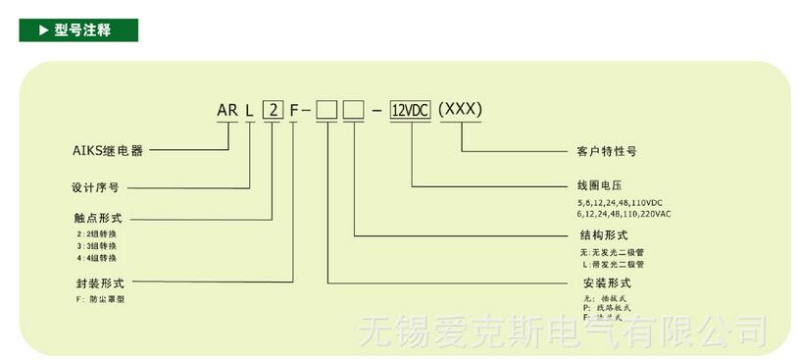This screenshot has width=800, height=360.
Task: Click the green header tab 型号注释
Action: coord(79,29)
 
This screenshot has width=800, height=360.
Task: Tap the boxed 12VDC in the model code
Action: coord(411,110)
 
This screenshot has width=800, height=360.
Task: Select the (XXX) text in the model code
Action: coord(460,109)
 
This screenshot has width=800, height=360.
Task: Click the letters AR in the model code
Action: coord(227,110)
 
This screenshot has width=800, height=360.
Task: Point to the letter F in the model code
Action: coord(293,110)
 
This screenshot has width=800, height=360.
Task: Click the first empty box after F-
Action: coord(327,110)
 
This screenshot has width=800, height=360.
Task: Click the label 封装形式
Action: coord(96,282)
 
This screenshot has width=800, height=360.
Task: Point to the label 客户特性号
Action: coord(607,152)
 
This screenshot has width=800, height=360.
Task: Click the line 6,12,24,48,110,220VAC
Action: coord(625,213)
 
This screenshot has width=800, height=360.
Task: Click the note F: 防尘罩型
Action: coord(101,297)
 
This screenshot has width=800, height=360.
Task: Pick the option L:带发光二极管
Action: coord(612,264)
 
